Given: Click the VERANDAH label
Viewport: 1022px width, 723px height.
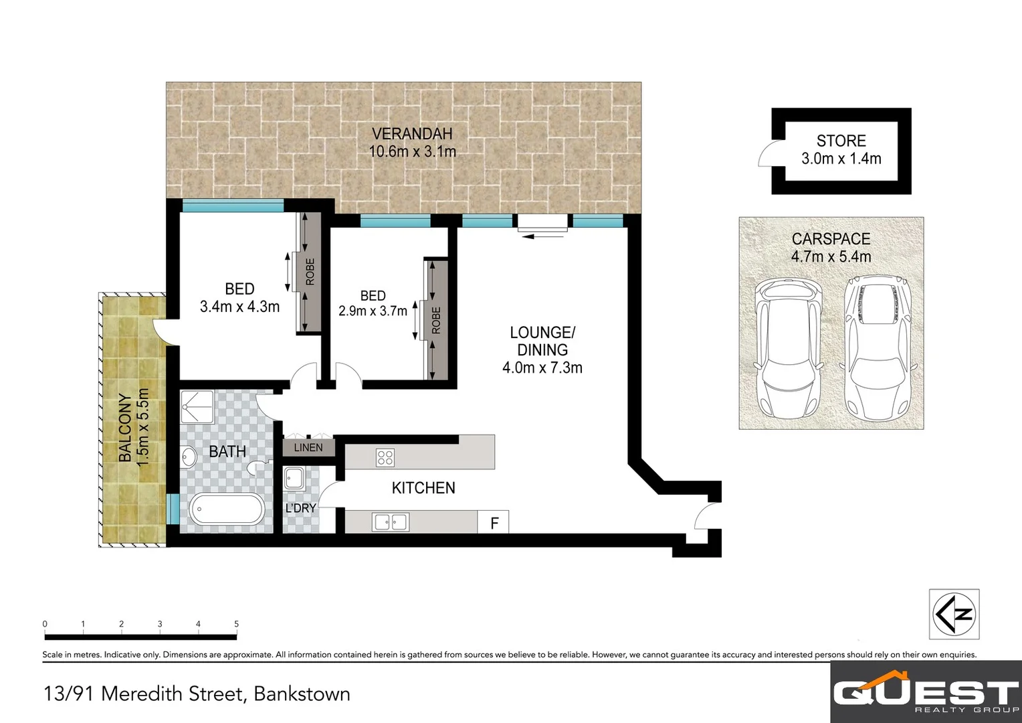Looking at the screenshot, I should tap(412, 134).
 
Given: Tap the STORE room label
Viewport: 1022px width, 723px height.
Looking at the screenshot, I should tap(841, 141).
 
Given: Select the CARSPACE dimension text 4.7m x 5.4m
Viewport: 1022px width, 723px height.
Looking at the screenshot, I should tap(831, 256).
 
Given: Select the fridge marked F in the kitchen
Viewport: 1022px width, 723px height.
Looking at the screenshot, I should tap(494, 523).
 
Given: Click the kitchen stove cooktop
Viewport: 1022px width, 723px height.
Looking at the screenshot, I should tap(385, 458).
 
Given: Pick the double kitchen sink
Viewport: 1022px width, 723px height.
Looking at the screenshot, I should tap(391, 521).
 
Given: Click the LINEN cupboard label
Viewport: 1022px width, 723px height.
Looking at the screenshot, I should tap(308, 447).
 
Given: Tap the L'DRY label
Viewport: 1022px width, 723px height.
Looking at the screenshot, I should tap(300, 508).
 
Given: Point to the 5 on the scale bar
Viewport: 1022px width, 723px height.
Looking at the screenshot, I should tap(237, 624).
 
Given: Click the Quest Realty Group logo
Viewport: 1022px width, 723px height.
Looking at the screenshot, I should tap(926, 694).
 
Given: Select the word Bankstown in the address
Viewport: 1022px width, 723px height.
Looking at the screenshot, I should tap(302, 694).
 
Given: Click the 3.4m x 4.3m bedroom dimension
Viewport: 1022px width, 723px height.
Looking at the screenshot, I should tap(239, 307).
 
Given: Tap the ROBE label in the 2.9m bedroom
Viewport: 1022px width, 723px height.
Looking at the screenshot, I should tap(436, 320).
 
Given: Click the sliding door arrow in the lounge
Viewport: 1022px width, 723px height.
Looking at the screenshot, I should tap(542, 235).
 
